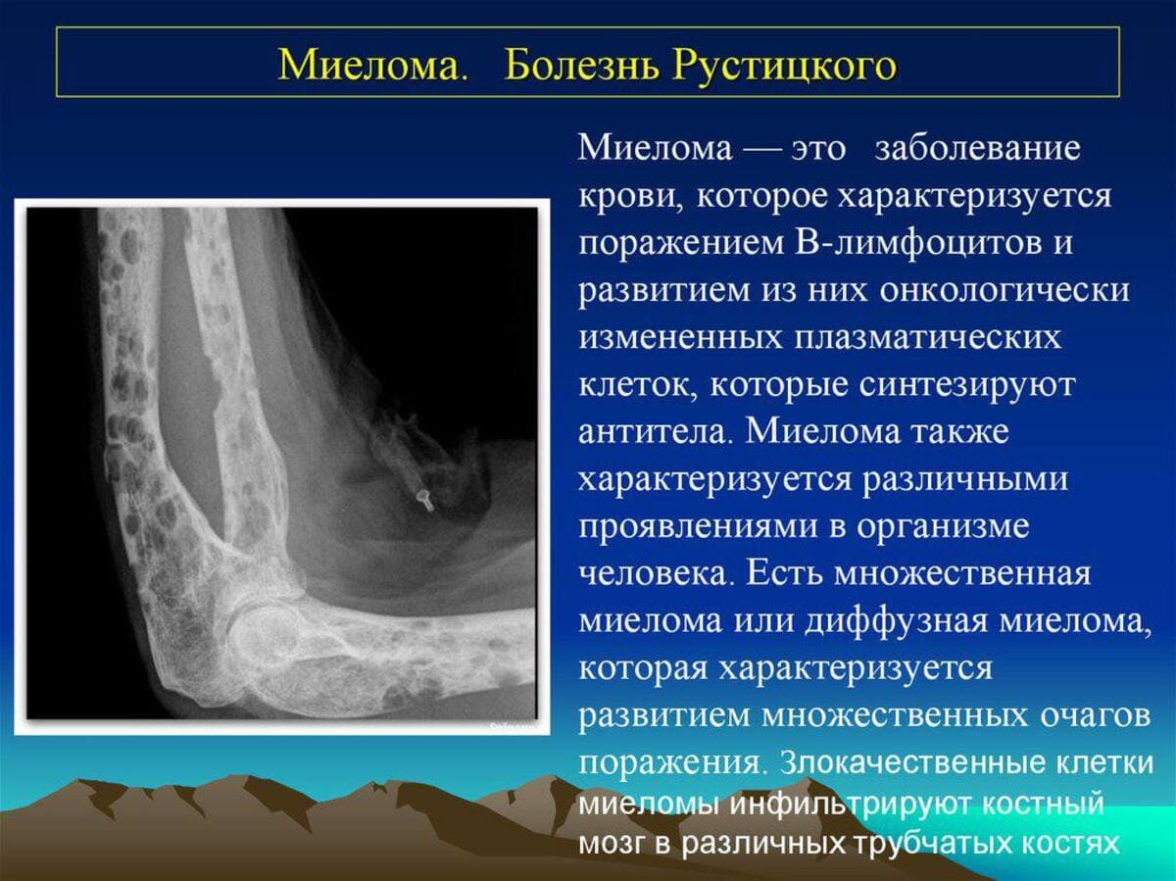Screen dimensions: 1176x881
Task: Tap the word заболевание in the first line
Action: pos(978,149)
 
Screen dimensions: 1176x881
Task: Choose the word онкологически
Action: pos(1004,292)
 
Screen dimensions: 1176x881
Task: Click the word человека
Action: pos(655,574)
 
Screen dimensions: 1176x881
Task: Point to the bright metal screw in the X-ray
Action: pos(425,499)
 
